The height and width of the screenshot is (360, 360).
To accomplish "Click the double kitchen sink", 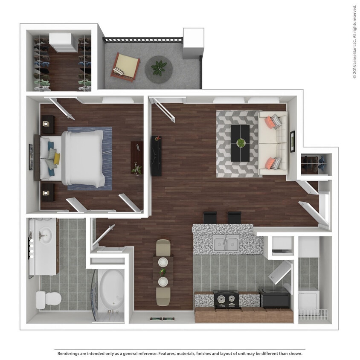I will tap(226, 244).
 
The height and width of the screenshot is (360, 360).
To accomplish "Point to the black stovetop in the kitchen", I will tap(226, 299).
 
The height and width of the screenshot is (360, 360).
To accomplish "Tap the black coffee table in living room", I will tap(241, 143).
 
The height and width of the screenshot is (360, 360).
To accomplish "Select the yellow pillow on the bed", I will tap(57, 159).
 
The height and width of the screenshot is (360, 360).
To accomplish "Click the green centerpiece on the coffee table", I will tap(241, 143).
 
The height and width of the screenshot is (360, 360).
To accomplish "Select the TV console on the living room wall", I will tap(157, 156).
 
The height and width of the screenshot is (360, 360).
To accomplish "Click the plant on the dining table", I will tap(163, 271).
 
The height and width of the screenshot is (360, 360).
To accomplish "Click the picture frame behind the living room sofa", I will tap(293, 141).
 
